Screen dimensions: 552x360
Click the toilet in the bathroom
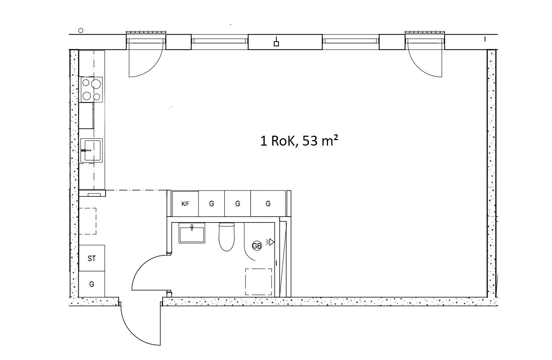click(x=226, y=236)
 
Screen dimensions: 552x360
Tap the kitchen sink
click(x=91, y=150)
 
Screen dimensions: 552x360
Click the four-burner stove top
click(x=91, y=89)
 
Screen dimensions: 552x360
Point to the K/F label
click(x=185, y=204)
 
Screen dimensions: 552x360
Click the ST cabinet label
click(x=92, y=259)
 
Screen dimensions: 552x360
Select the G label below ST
click(x=92, y=284)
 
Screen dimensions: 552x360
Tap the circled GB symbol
click(x=257, y=246)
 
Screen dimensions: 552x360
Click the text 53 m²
click(x=320, y=141)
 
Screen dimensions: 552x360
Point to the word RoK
click(x=283, y=141)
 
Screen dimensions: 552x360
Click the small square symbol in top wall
click(x=276, y=44)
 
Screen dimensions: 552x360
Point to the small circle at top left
click(x=81, y=31)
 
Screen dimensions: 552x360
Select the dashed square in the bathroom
click(x=258, y=282)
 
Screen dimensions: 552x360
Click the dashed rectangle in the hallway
click(x=87, y=221)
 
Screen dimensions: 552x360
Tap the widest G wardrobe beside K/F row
click(x=268, y=203)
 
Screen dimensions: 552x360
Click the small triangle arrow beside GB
click(x=272, y=242)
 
